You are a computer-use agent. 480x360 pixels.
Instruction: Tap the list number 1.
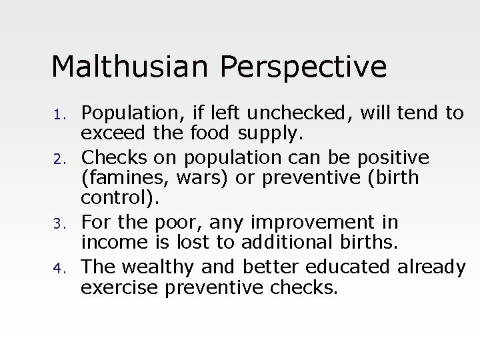coord(58,115)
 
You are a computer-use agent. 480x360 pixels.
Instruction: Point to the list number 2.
coord(58,158)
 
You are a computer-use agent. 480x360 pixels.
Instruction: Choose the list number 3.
coord(58,223)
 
